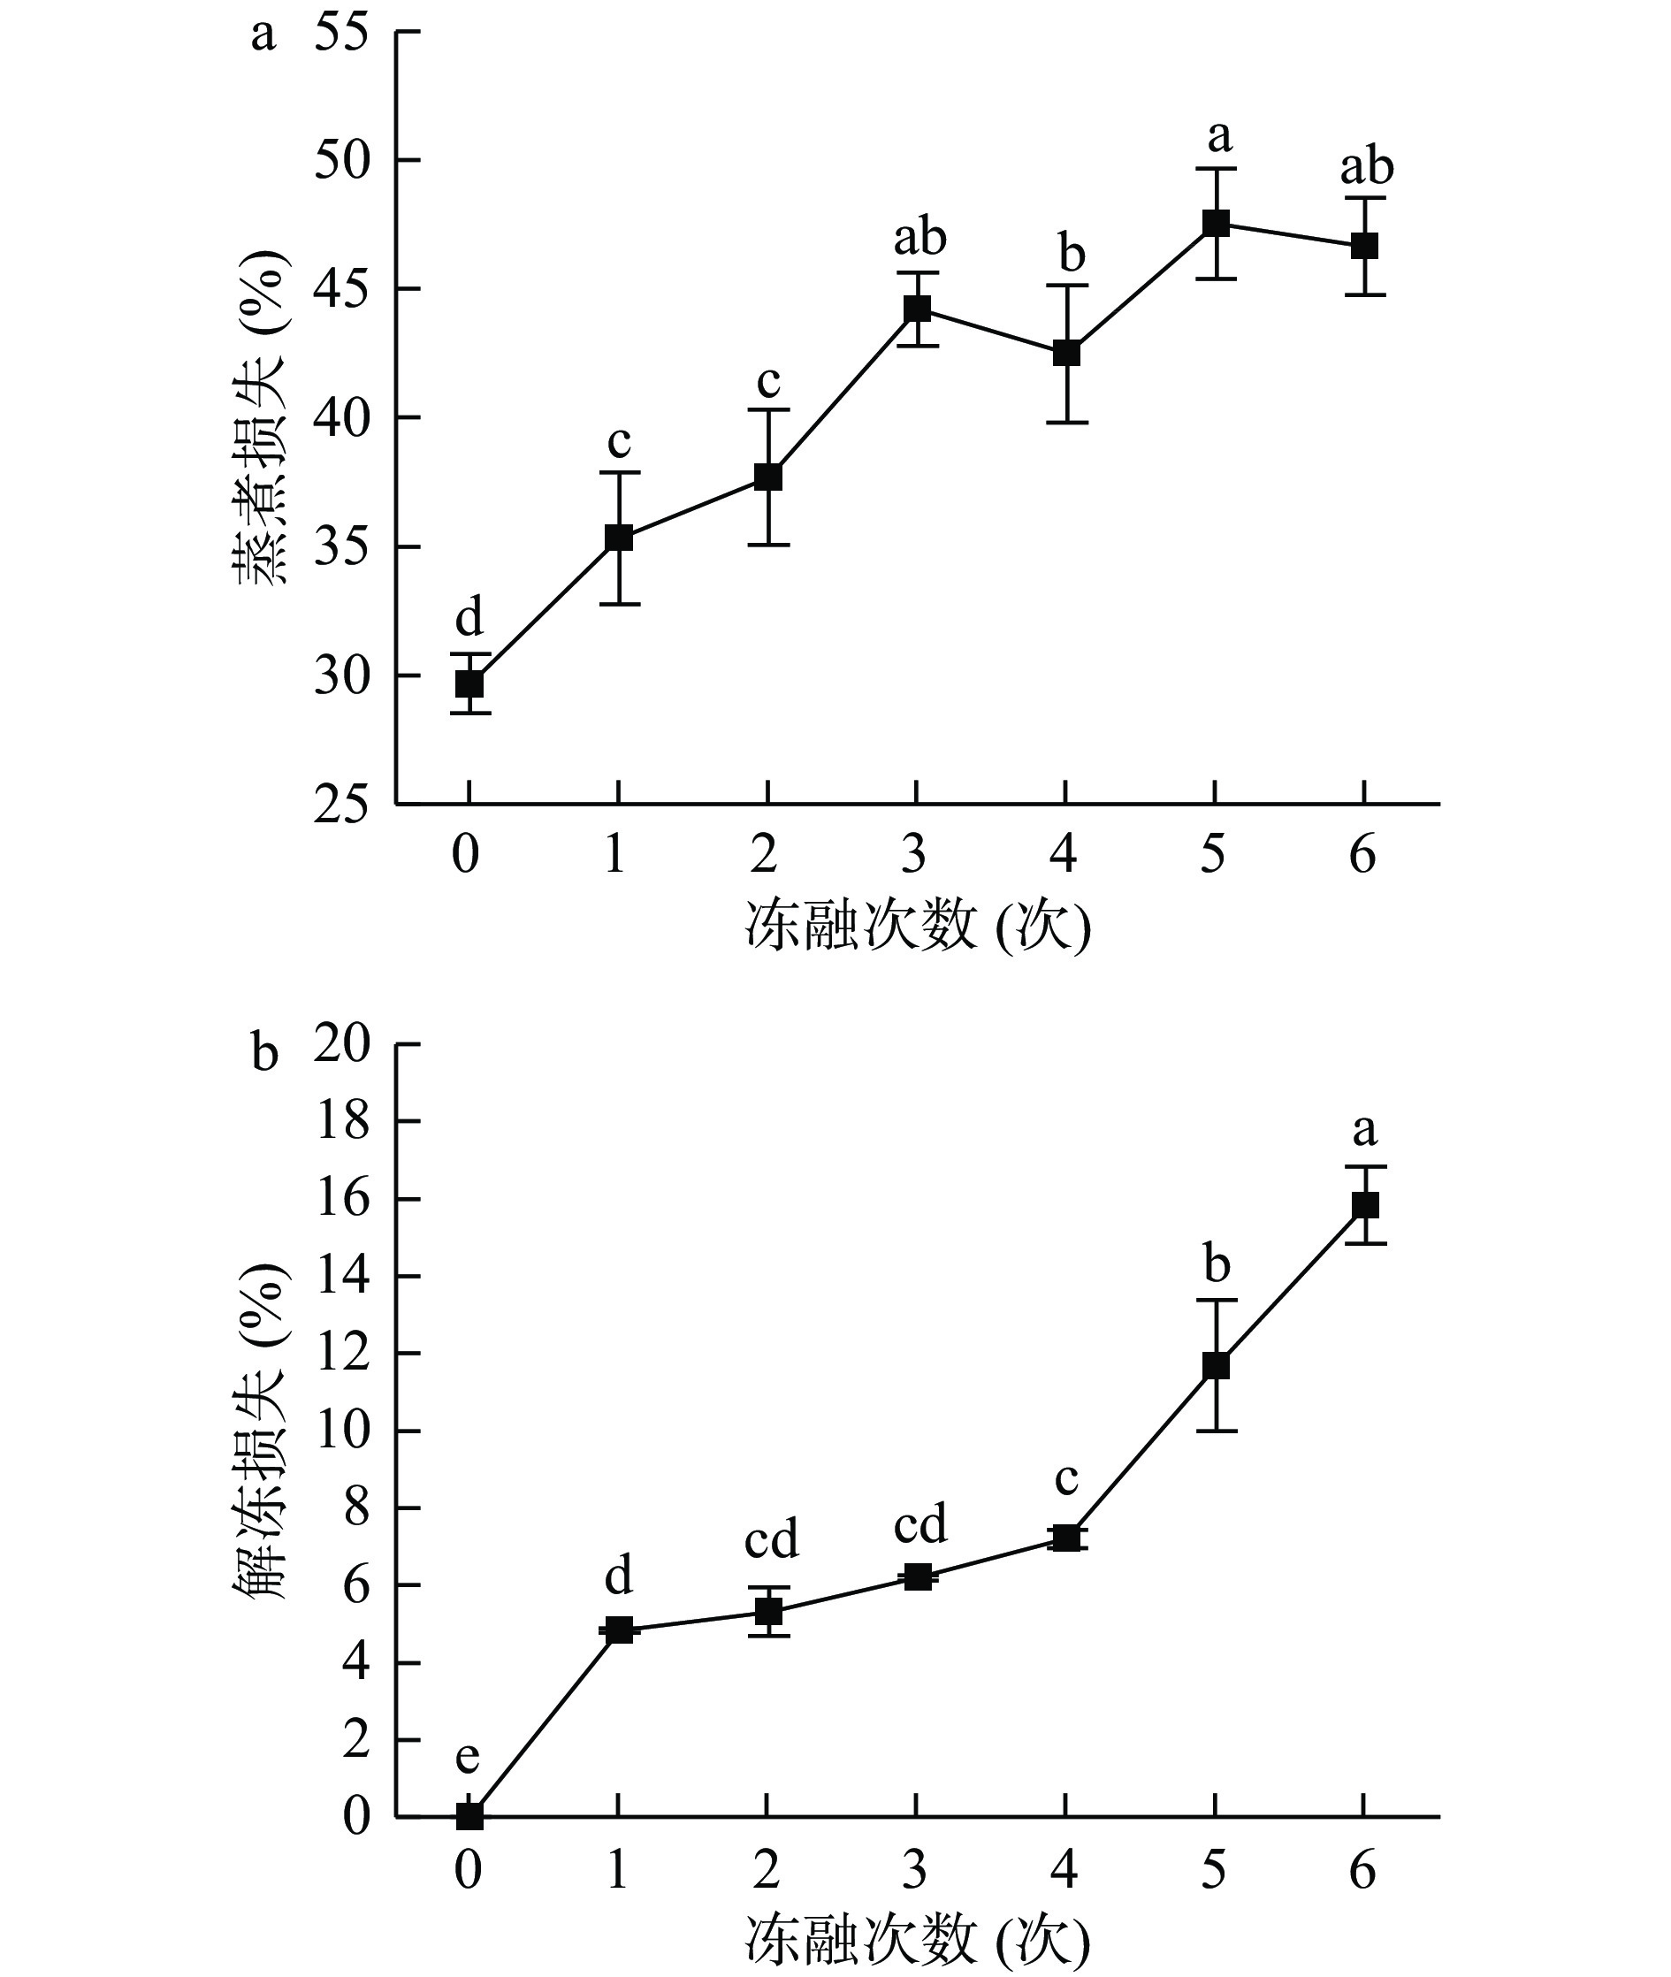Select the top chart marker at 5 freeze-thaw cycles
[1216, 224]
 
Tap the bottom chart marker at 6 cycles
[1365, 1205]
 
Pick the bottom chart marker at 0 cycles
[469, 1816]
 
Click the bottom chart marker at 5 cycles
[1216, 1365]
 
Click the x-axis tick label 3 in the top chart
[914, 854]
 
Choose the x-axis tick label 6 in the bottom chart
[1363, 1870]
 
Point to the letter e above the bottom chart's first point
[468, 1759]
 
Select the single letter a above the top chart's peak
[1219, 138]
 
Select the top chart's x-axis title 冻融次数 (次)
[918, 926]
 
